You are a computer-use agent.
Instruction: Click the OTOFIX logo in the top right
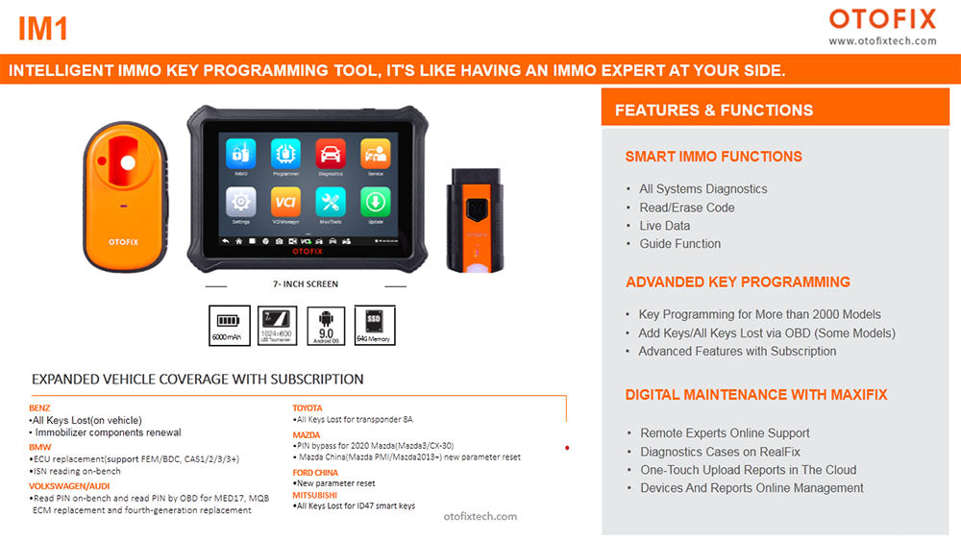point(882,18)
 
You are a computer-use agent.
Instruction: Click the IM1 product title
point(43,29)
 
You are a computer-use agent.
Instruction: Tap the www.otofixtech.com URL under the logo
point(882,41)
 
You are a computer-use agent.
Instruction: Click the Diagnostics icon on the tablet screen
point(331,156)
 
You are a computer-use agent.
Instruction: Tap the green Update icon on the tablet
point(375,204)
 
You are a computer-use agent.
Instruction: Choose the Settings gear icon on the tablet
point(241,204)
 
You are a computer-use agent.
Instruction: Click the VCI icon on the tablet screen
point(285,204)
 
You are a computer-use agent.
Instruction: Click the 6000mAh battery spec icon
point(229,325)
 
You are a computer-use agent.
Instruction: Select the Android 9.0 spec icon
point(326,325)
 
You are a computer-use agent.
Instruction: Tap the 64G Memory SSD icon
point(374,325)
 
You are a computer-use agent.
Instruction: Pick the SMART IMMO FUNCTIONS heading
point(713,157)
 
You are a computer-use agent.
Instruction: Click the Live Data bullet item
point(665,226)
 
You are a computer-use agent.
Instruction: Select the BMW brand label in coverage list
point(40,447)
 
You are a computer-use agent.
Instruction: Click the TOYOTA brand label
point(308,408)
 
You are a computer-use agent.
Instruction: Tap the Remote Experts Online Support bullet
point(725,433)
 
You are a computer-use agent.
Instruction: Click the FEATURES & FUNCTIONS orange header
point(713,111)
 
